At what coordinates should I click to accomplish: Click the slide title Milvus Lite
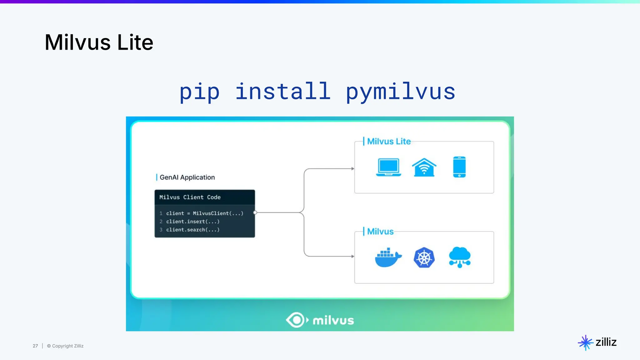[x=99, y=42]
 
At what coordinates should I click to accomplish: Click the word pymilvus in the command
[x=400, y=92]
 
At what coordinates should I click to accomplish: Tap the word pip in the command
[x=199, y=92]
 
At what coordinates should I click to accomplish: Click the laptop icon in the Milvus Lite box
[x=388, y=167]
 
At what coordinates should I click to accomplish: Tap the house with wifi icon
[x=424, y=167]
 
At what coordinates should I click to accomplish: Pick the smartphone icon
[x=459, y=167]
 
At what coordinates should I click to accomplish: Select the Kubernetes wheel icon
[x=424, y=257]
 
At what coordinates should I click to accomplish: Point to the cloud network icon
[x=460, y=257]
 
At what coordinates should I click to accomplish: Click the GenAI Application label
[x=187, y=177]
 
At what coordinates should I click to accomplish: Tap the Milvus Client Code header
[x=190, y=197]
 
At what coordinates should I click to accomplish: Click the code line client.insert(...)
[x=193, y=222]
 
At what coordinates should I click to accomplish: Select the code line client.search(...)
[x=193, y=230]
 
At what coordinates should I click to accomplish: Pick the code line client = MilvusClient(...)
[x=205, y=213]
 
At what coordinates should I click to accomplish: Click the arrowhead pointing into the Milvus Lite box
[x=353, y=169]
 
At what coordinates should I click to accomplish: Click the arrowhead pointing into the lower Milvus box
[x=353, y=256]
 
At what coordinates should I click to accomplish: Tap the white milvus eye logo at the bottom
[x=295, y=320]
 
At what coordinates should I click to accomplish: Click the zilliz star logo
[x=585, y=342]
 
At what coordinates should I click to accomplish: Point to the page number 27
[x=35, y=346]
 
